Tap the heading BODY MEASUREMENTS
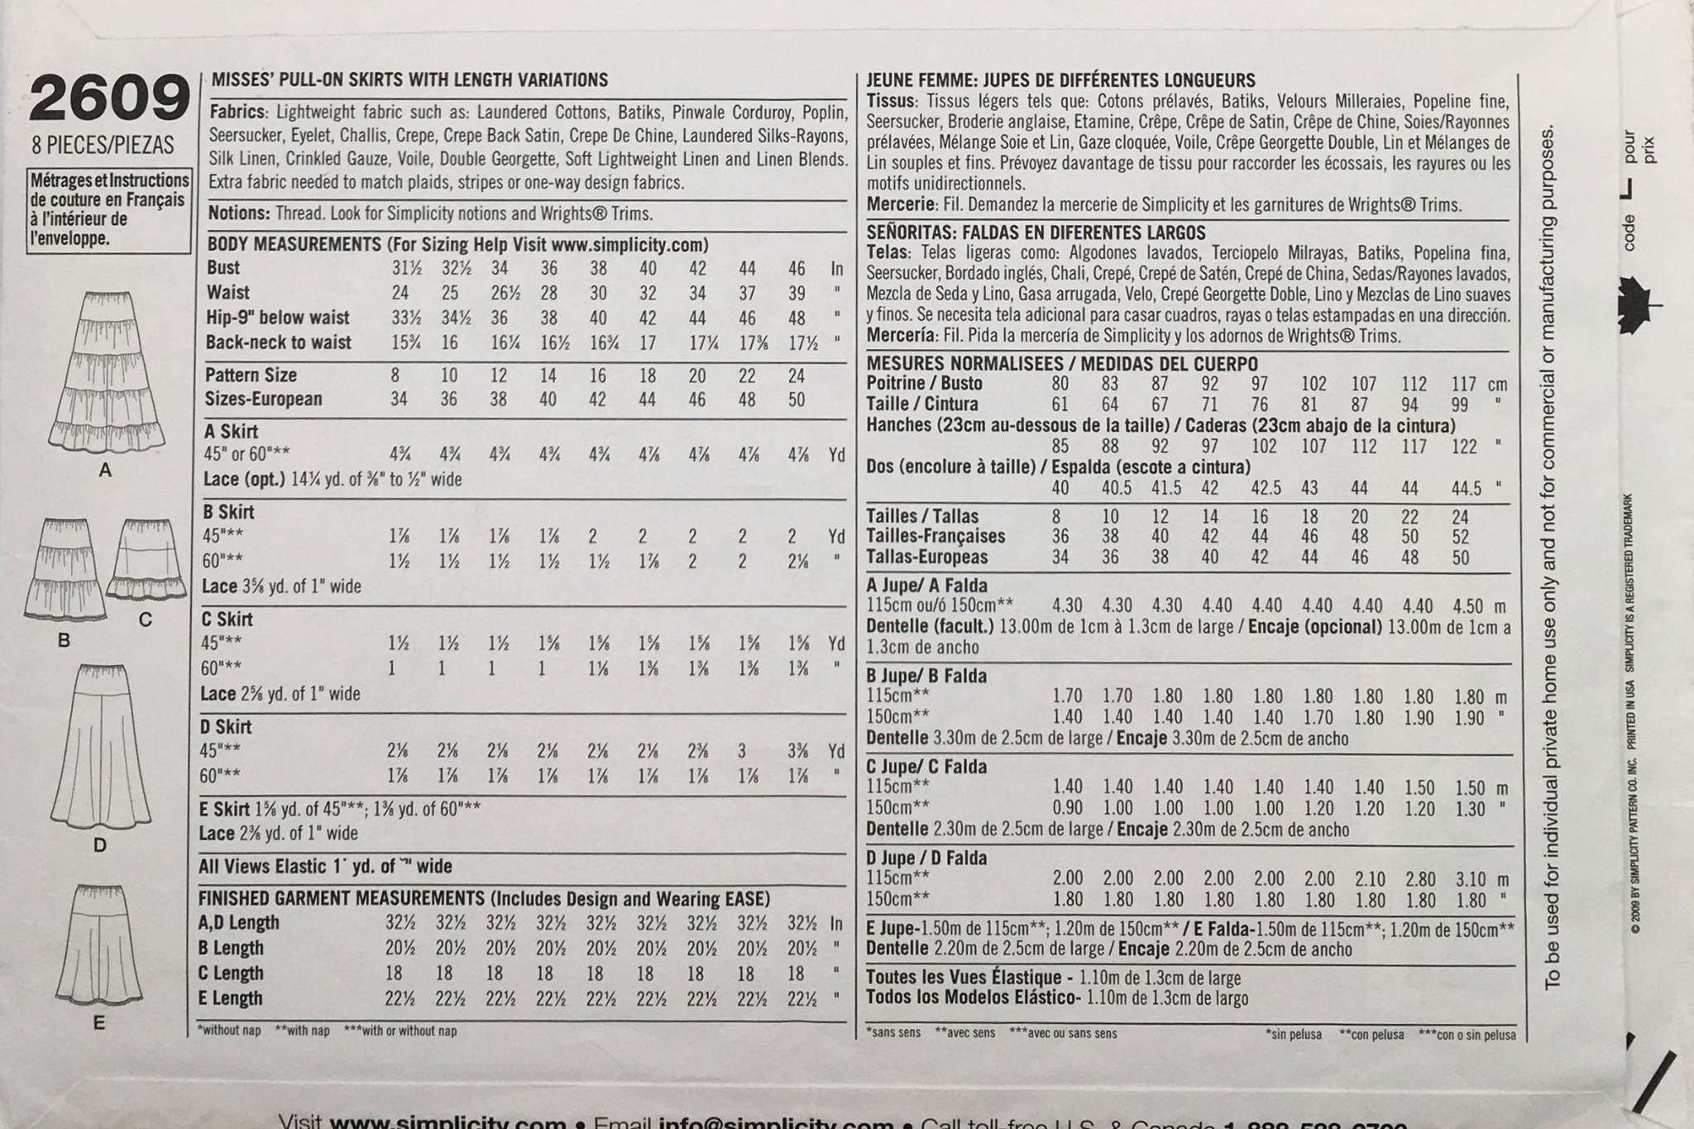(294, 245)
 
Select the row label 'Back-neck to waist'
(279, 342)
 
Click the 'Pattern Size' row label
(251, 376)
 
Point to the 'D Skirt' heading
(226, 727)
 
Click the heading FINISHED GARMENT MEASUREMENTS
(341, 899)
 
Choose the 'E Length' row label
(231, 998)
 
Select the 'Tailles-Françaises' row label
(936, 536)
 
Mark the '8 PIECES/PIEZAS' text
(103, 146)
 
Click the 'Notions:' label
(239, 213)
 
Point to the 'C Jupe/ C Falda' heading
(926, 767)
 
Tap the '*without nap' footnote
(229, 1031)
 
